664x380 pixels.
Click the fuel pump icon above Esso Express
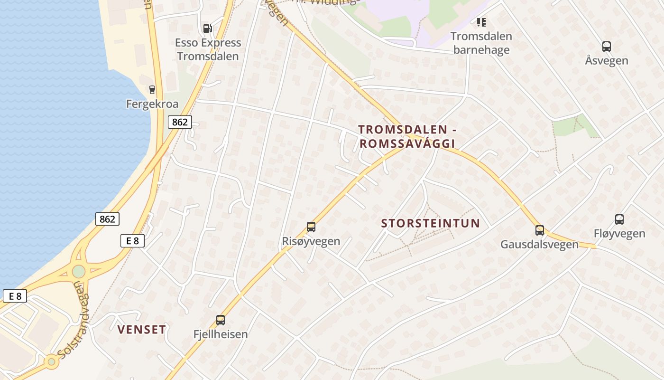pos(207,28)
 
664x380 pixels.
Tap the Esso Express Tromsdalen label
pos(208,49)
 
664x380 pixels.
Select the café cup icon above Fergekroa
pos(152,89)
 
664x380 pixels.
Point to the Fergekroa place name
pos(152,104)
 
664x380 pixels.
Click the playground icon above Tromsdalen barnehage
pos(481,22)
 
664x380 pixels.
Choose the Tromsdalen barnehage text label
pos(481,43)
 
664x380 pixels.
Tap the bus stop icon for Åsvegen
pos(606,47)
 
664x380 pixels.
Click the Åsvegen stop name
pos(606,61)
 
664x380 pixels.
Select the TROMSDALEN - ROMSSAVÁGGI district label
pos(406,136)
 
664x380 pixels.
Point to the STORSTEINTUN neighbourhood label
pos(431,223)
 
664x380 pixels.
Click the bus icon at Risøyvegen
pos(311,227)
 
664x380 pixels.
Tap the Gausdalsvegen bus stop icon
pos(540,230)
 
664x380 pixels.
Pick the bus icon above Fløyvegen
pos(619,219)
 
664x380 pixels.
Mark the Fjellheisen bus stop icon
pos(221,320)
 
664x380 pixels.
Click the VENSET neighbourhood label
pos(141,330)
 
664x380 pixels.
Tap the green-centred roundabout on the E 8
pos(79,271)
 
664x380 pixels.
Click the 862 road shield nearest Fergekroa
pos(180,122)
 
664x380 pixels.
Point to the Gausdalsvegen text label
pos(540,245)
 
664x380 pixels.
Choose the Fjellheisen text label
pos(221,334)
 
